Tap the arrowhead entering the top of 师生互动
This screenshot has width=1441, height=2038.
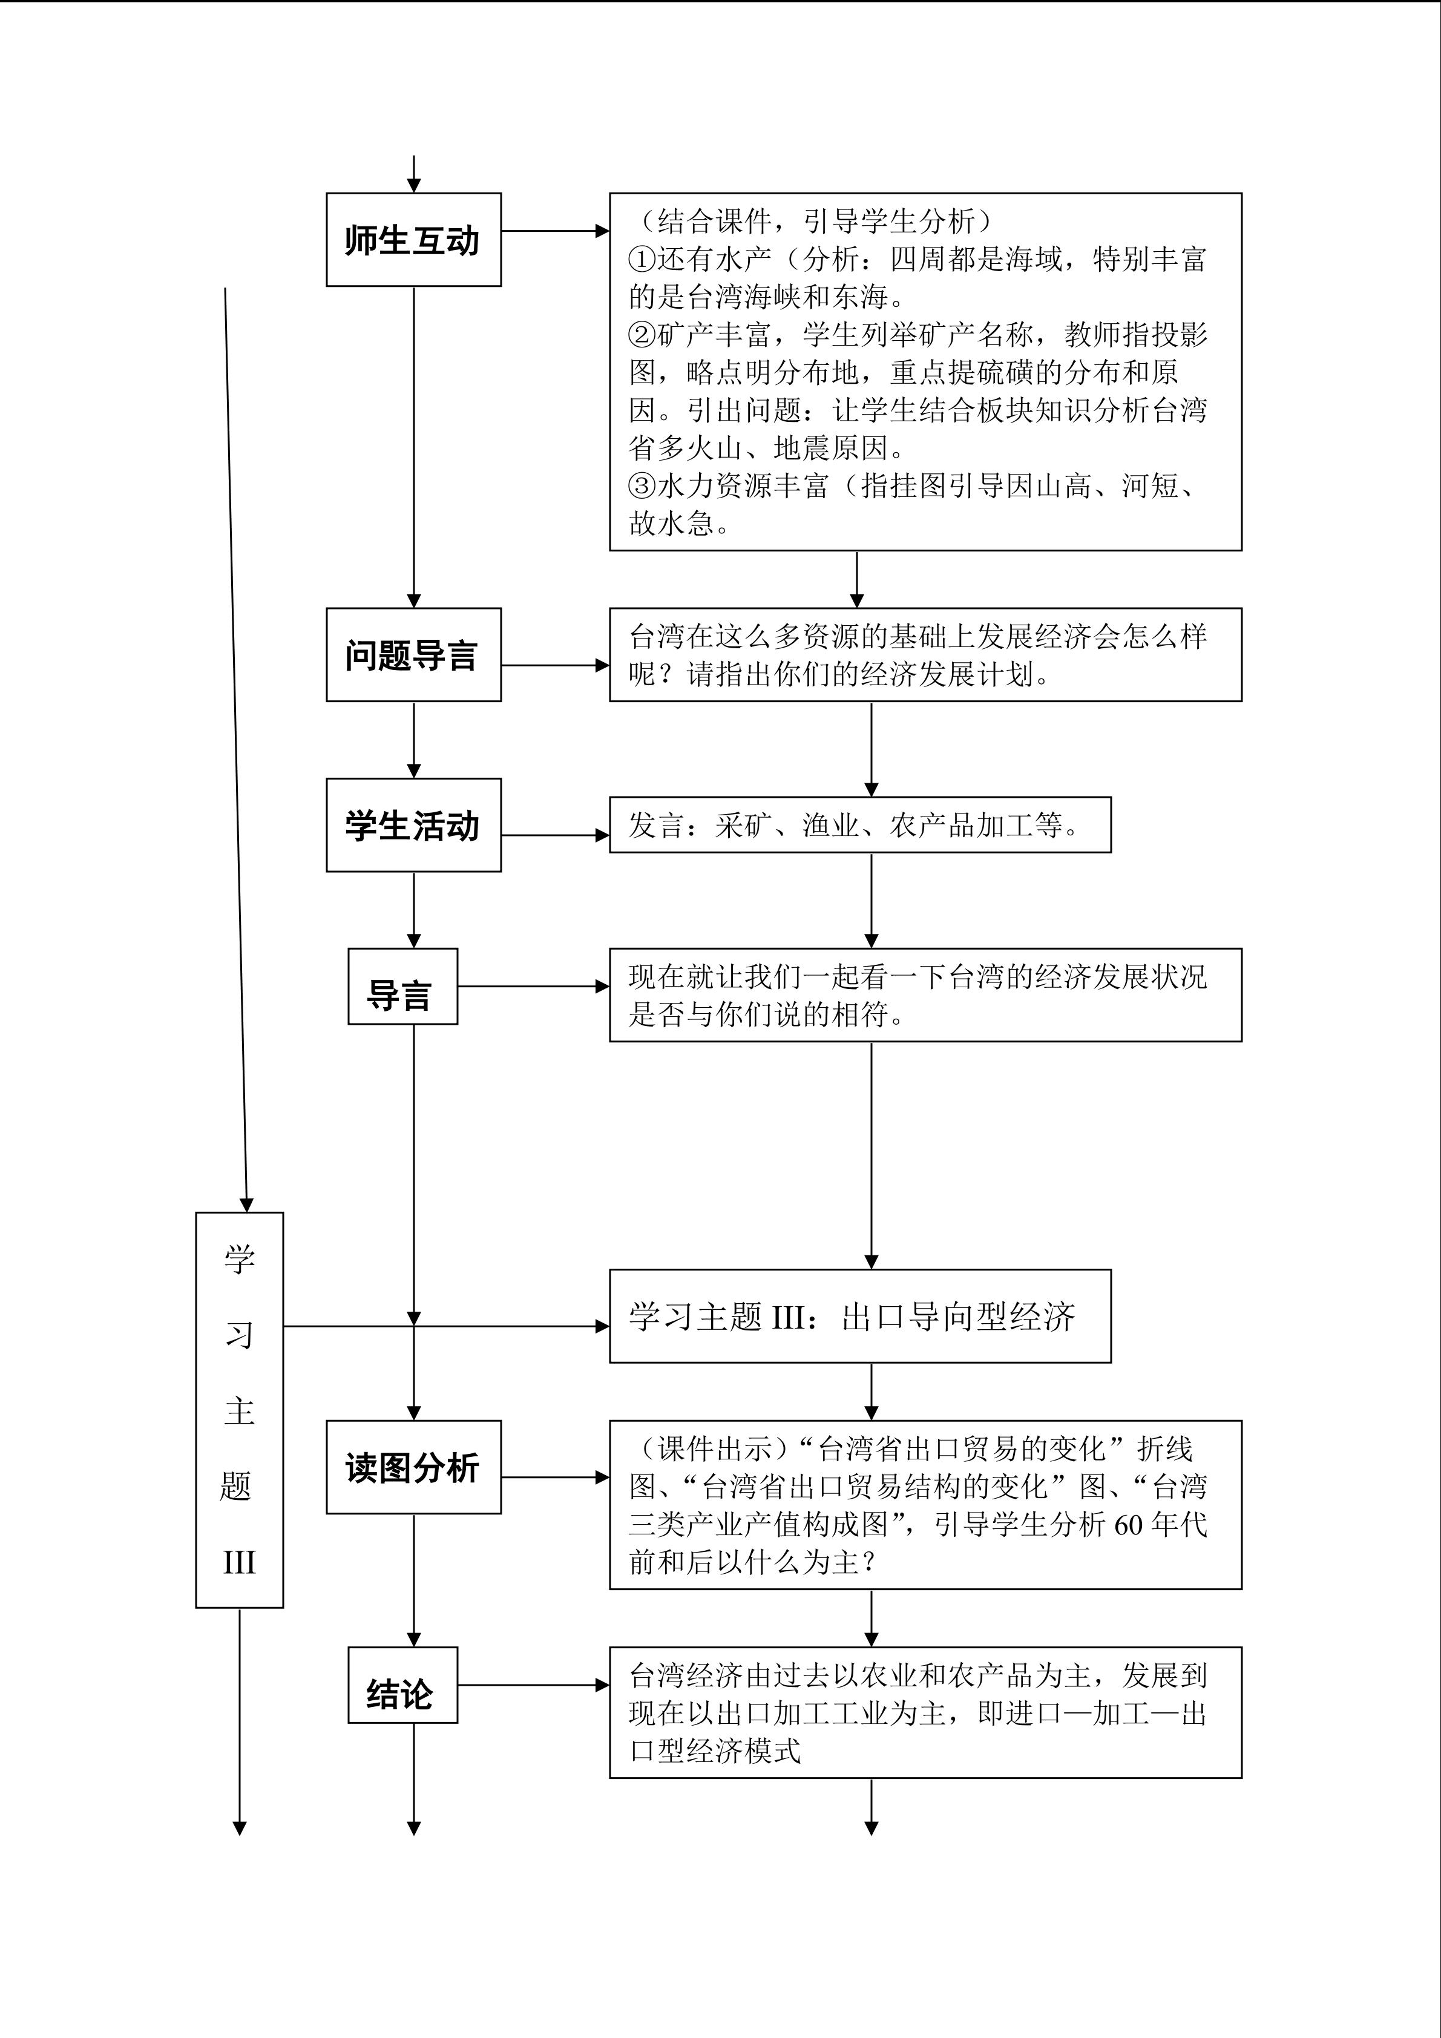coord(413,185)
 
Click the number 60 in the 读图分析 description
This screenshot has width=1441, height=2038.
coord(1128,1525)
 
